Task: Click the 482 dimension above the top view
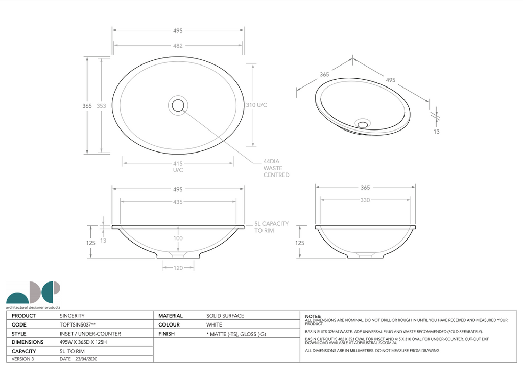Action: (178, 46)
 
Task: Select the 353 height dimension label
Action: (101, 106)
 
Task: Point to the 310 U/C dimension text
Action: (256, 105)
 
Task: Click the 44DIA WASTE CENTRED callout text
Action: (276, 168)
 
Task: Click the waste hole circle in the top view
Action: (178, 105)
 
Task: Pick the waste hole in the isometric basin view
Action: (363, 123)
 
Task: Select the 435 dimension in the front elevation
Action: (178, 203)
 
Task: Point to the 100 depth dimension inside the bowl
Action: (178, 238)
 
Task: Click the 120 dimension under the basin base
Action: (178, 268)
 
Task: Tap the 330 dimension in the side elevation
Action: (365, 200)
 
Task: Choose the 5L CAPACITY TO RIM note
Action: (271, 227)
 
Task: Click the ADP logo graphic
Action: (33, 293)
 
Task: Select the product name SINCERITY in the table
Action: (72, 316)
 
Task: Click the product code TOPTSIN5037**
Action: (81, 324)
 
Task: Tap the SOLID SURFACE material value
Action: (225, 316)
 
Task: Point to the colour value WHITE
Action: (214, 324)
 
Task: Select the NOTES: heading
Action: (313, 317)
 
